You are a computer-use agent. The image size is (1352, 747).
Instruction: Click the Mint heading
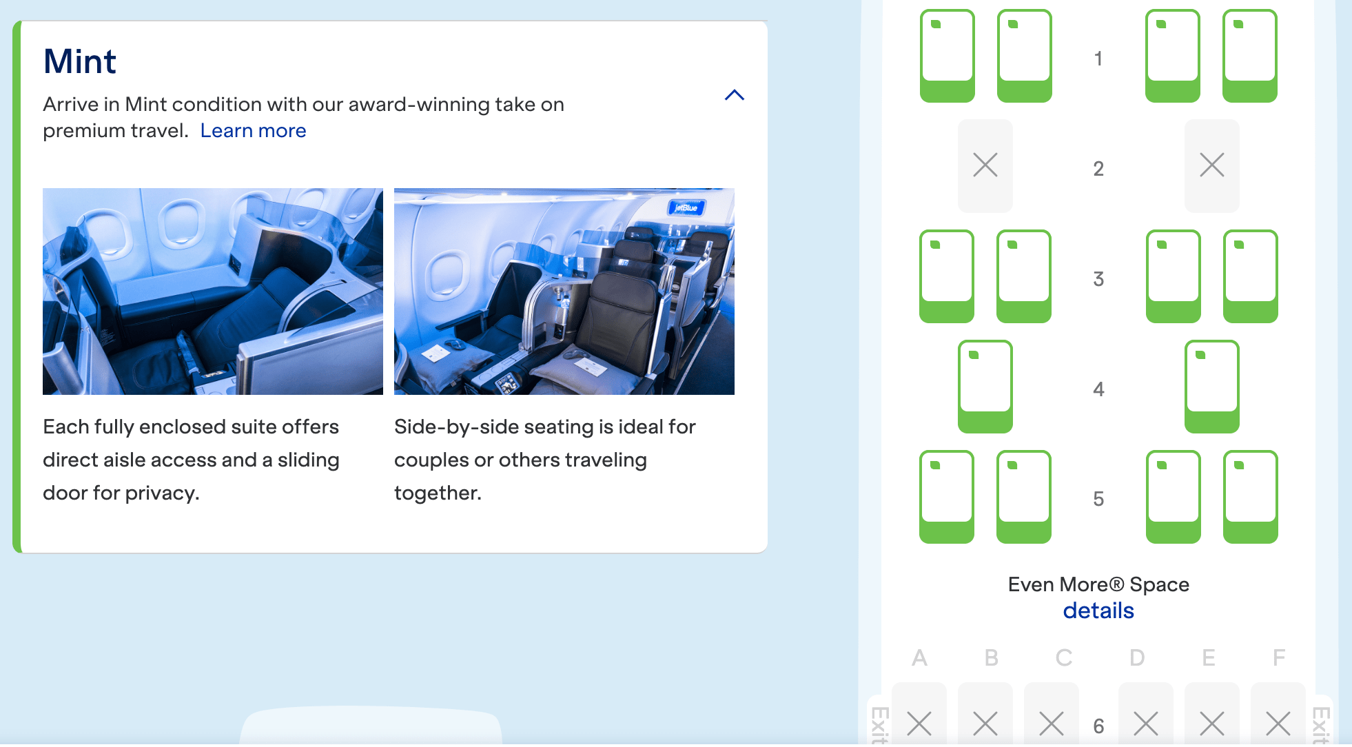pos(80,61)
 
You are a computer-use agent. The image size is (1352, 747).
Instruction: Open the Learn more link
pos(253,130)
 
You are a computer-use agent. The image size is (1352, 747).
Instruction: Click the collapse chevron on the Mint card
pos(735,95)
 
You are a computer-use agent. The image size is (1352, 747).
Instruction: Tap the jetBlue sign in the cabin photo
pos(686,207)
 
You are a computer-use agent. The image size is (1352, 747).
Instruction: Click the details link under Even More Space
pos(1098,611)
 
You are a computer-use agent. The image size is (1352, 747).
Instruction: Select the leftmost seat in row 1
pos(948,55)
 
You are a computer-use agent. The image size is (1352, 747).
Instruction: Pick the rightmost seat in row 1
pos(1249,55)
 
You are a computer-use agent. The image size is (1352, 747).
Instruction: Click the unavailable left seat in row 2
pos(985,165)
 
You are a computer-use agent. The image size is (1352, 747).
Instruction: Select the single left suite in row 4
pos(985,386)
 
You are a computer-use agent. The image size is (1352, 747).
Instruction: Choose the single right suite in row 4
pos(1211,386)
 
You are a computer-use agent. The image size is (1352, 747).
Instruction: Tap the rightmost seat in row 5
pos(1250,496)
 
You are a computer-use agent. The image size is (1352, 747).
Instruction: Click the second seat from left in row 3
pos(1024,276)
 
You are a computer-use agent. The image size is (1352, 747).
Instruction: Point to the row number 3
pos(1098,279)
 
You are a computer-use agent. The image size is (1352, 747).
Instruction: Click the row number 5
pos(1098,499)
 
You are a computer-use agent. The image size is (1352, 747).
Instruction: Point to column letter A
pos(919,658)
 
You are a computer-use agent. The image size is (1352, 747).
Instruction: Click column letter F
pos(1278,658)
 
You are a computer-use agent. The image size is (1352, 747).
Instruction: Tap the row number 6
pos(1098,726)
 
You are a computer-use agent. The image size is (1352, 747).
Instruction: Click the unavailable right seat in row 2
pos(1211,165)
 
